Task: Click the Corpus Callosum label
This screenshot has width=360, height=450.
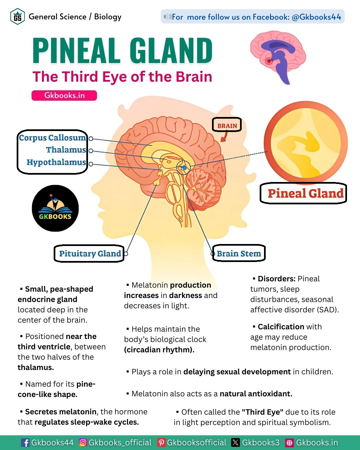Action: [52, 138]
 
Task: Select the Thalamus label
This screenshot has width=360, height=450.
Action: [66, 150]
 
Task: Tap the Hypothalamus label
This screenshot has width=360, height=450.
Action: [56, 162]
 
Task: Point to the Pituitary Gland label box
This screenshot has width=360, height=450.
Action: [89, 254]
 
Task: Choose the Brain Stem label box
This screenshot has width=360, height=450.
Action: [239, 254]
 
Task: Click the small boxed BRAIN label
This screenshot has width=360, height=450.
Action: [227, 126]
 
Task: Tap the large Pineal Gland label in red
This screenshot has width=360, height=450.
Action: [305, 193]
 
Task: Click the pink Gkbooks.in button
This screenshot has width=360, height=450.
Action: [64, 95]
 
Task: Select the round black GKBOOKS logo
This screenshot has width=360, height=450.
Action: [55, 208]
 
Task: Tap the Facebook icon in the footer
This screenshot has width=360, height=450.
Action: [25, 443]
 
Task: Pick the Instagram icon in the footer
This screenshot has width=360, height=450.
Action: [83, 443]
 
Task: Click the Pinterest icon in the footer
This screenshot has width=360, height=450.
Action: [161, 443]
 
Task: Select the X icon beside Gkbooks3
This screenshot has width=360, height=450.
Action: [236, 443]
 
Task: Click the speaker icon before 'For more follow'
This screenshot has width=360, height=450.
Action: [167, 17]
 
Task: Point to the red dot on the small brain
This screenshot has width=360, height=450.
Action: [269, 61]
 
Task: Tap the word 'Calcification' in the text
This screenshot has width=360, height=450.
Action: [281, 327]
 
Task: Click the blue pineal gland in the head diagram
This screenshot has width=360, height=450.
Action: [183, 167]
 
